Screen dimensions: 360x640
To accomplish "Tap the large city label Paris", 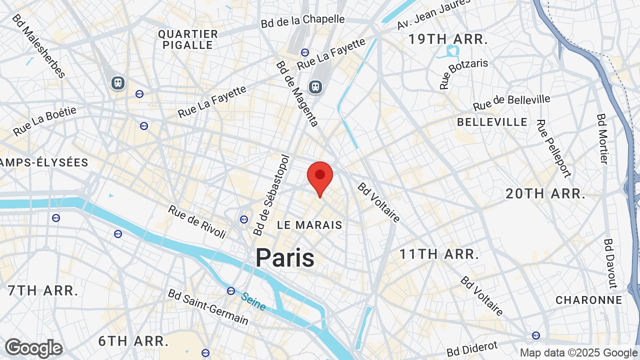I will (x=285, y=258).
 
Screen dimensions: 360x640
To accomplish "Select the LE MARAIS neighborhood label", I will (x=310, y=225).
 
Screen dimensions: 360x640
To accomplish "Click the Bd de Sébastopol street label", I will (x=271, y=195).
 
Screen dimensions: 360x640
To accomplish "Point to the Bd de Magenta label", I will (x=297, y=93).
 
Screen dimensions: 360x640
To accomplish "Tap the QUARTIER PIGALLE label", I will (x=188, y=39).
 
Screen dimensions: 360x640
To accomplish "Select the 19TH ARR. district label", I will (x=448, y=39).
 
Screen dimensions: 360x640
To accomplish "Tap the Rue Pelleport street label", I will (x=553, y=148).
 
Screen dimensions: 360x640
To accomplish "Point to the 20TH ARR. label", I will (x=545, y=193).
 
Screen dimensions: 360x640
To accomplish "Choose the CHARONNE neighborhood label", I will (x=589, y=300).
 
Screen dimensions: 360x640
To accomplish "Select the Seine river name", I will (x=253, y=301).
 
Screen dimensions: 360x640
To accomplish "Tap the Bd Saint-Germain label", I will (x=208, y=306).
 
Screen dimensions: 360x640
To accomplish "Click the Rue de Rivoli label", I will (x=197, y=221).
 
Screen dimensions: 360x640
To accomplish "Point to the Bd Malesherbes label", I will (x=38, y=46).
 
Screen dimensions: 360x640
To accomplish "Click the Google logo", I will (x=33, y=348).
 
